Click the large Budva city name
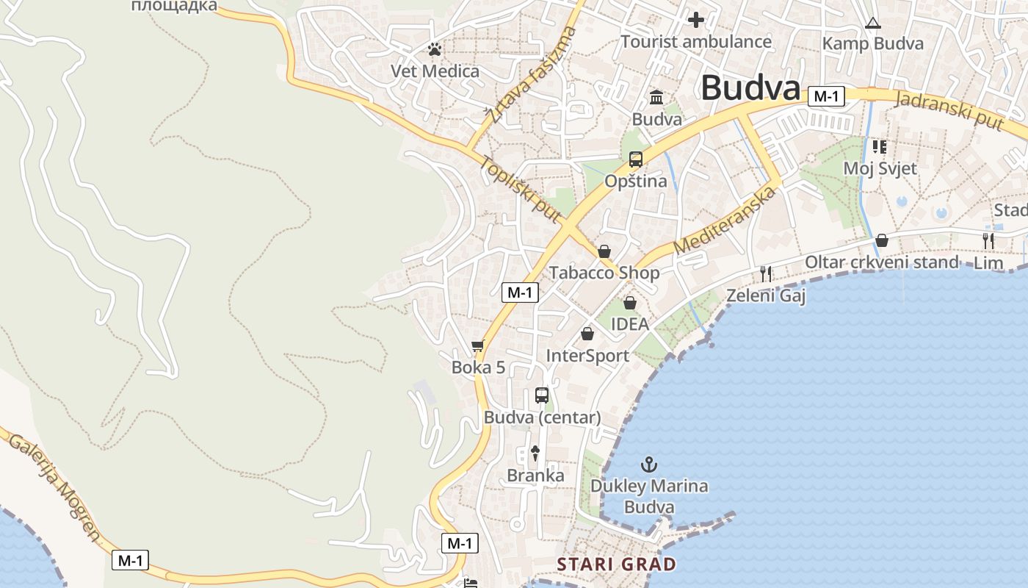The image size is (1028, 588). (x=750, y=88)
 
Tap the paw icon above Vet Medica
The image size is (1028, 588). (x=435, y=50)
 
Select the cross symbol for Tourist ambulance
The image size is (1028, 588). (x=695, y=20)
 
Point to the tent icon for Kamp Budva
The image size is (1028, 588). (x=872, y=23)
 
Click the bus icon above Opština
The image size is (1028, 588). (x=636, y=159)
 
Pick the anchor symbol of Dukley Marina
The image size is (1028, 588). (x=649, y=465)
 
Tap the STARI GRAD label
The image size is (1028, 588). (x=617, y=564)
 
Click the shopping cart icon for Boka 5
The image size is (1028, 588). (x=478, y=345)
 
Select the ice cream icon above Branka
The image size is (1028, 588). (x=535, y=453)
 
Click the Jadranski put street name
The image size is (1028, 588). (x=949, y=109)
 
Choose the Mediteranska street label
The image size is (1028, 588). (x=725, y=220)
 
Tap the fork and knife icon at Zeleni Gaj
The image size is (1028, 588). (x=766, y=274)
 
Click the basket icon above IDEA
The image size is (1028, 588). (x=629, y=303)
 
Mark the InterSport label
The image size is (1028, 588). (x=587, y=356)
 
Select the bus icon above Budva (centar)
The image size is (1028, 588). (x=542, y=395)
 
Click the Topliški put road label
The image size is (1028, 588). (x=521, y=189)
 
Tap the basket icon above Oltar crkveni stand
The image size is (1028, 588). (x=881, y=240)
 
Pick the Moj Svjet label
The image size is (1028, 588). (x=880, y=168)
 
